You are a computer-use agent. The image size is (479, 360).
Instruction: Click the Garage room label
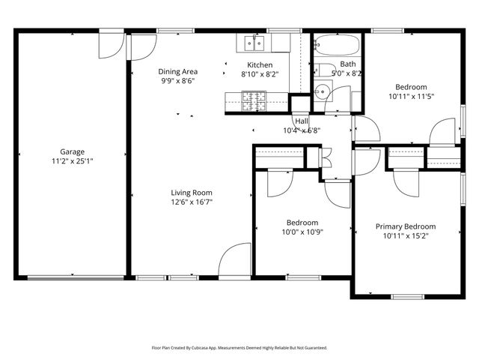pyautogui.click(x=72, y=151)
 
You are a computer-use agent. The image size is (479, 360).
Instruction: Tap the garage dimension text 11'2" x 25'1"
pyautogui.click(x=72, y=160)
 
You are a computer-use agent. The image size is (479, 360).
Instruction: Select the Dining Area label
pyautogui.click(x=177, y=72)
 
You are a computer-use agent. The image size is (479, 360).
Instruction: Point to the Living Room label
pyautogui.click(x=192, y=192)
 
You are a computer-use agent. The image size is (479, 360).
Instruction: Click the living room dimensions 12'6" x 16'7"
pyautogui.click(x=192, y=202)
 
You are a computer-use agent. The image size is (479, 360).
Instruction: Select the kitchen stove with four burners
pyautogui.click(x=253, y=100)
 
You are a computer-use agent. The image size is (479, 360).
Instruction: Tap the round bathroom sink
pyautogui.click(x=322, y=92)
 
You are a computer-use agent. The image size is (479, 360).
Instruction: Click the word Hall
pyautogui.click(x=302, y=121)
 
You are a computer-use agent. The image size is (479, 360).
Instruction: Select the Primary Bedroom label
pyautogui.click(x=406, y=226)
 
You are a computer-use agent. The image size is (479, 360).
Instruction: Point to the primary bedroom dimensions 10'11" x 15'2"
pyautogui.click(x=406, y=235)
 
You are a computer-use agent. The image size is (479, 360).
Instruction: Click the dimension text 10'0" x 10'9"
pyautogui.click(x=302, y=232)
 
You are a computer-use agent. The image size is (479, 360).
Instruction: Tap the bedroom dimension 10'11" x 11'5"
pyautogui.click(x=411, y=96)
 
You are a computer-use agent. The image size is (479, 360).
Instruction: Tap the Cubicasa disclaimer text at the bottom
pyautogui.click(x=239, y=348)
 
